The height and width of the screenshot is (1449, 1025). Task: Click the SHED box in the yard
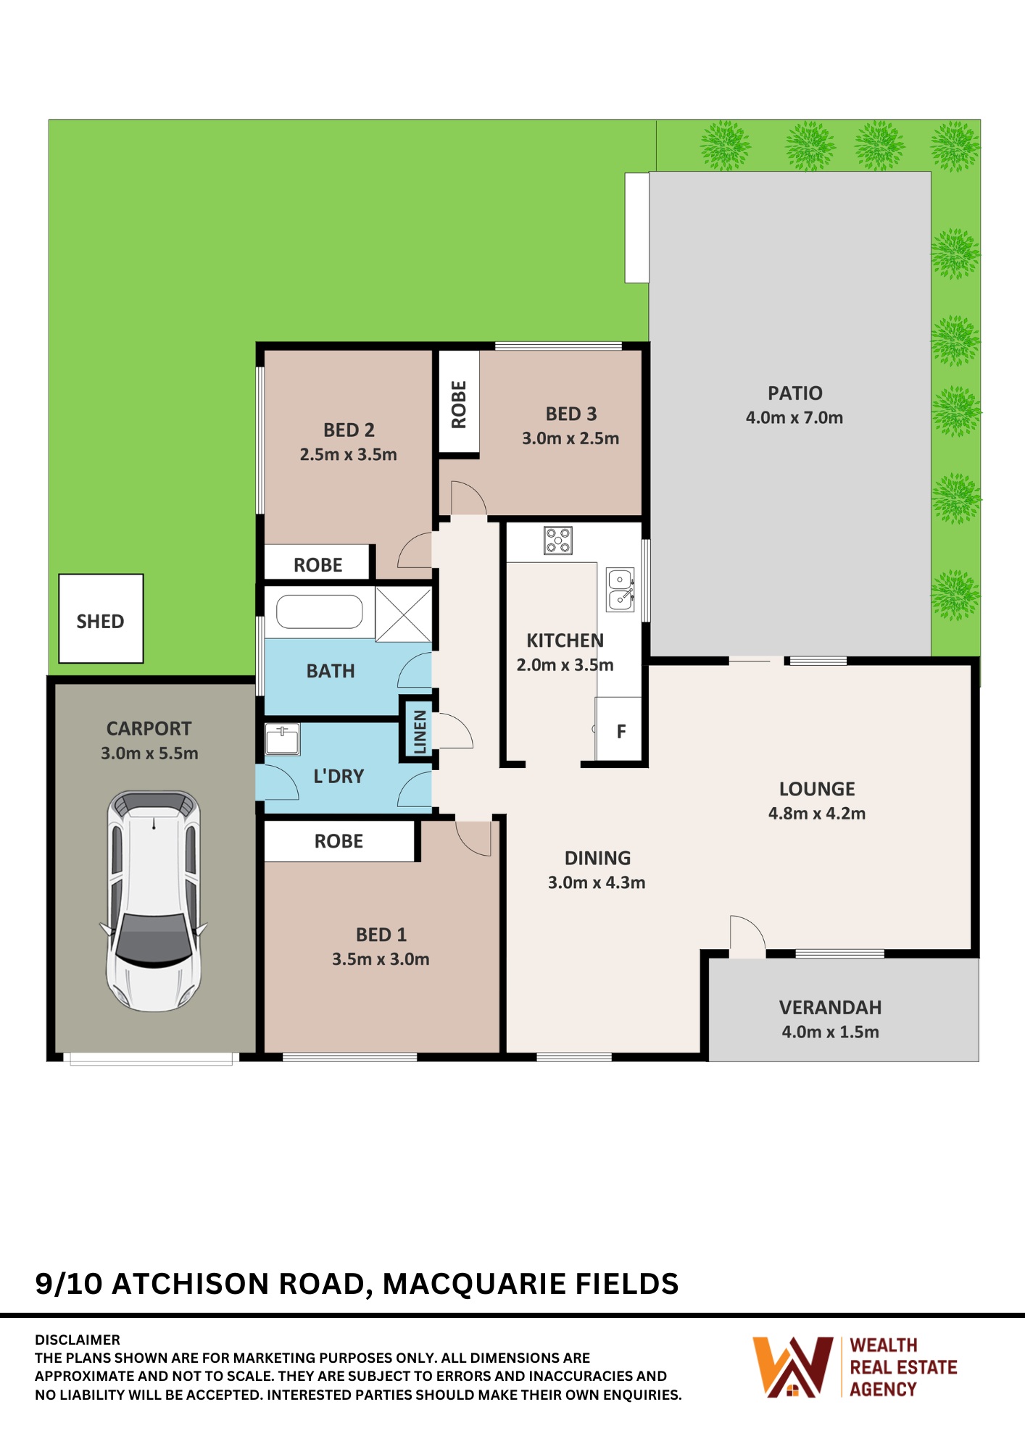pyautogui.click(x=101, y=619)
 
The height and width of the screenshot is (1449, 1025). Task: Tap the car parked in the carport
pyautogui.click(x=154, y=901)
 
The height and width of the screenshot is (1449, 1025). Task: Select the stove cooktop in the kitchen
pyautogui.click(x=558, y=540)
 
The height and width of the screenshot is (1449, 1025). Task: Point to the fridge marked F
pyautogui.click(x=619, y=729)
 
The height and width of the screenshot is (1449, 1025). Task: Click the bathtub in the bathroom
pyautogui.click(x=319, y=612)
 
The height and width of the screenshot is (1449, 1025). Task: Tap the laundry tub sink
pyautogui.click(x=283, y=739)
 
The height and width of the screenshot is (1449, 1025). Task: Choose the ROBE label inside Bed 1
pyautogui.click(x=339, y=841)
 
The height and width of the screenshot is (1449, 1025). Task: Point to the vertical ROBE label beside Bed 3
pyautogui.click(x=459, y=404)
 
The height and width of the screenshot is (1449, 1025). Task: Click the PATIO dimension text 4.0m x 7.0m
pyautogui.click(x=794, y=418)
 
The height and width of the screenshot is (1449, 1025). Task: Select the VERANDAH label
pyautogui.click(x=831, y=1008)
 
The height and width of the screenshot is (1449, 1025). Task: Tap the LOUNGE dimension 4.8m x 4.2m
pyautogui.click(x=817, y=814)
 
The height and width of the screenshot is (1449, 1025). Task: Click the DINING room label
pyautogui.click(x=598, y=859)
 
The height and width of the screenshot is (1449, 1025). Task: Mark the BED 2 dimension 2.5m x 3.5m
pyautogui.click(x=349, y=455)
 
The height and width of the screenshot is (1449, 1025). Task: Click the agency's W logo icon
pyautogui.click(x=792, y=1367)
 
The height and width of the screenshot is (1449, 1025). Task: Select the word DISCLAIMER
pyautogui.click(x=78, y=1340)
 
